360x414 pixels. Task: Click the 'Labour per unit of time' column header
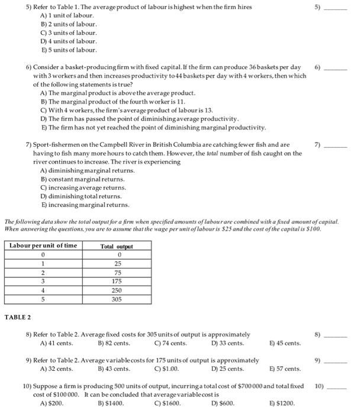point(43,246)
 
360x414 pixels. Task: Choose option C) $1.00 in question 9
point(166,369)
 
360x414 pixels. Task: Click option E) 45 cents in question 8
point(285,343)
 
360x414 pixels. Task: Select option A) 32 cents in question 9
point(56,369)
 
